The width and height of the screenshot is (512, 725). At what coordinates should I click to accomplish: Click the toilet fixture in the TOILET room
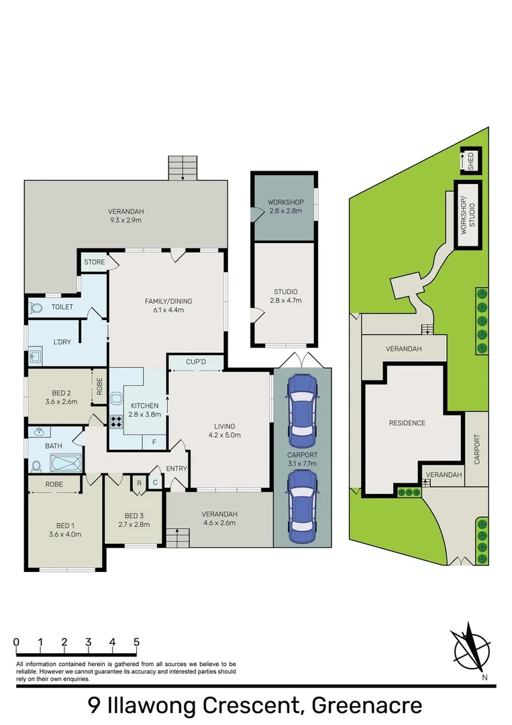(x=36, y=308)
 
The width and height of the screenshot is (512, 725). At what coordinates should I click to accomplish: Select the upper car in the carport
(x=301, y=407)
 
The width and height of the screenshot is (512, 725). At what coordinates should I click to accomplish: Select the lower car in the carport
(x=301, y=505)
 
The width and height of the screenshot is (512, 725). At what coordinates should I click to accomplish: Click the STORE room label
(x=94, y=262)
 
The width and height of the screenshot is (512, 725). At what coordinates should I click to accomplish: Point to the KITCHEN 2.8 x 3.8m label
(x=144, y=410)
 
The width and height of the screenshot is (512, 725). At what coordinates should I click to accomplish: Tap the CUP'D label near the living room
(x=196, y=362)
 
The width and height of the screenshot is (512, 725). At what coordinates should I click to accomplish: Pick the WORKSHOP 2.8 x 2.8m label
(x=285, y=207)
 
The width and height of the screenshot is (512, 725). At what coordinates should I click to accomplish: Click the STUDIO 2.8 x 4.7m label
(x=285, y=296)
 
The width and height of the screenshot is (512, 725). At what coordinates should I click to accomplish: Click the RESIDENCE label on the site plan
(x=407, y=423)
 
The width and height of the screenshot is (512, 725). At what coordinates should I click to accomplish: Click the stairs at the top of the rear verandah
(x=183, y=168)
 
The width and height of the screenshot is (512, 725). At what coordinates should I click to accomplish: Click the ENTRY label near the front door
(x=176, y=469)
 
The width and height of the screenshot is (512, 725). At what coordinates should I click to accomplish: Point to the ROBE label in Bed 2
(x=99, y=388)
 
